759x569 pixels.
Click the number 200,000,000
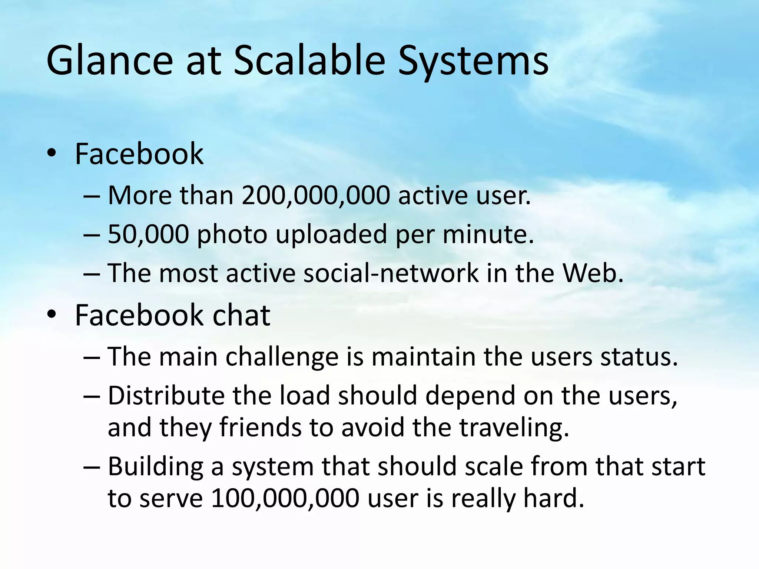[x=316, y=196]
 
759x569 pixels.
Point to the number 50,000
[x=148, y=234]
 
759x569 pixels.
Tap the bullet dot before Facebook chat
[x=52, y=315]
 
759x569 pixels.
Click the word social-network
[x=391, y=273]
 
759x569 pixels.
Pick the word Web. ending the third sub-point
[x=593, y=273]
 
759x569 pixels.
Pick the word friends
[x=260, y=427]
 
